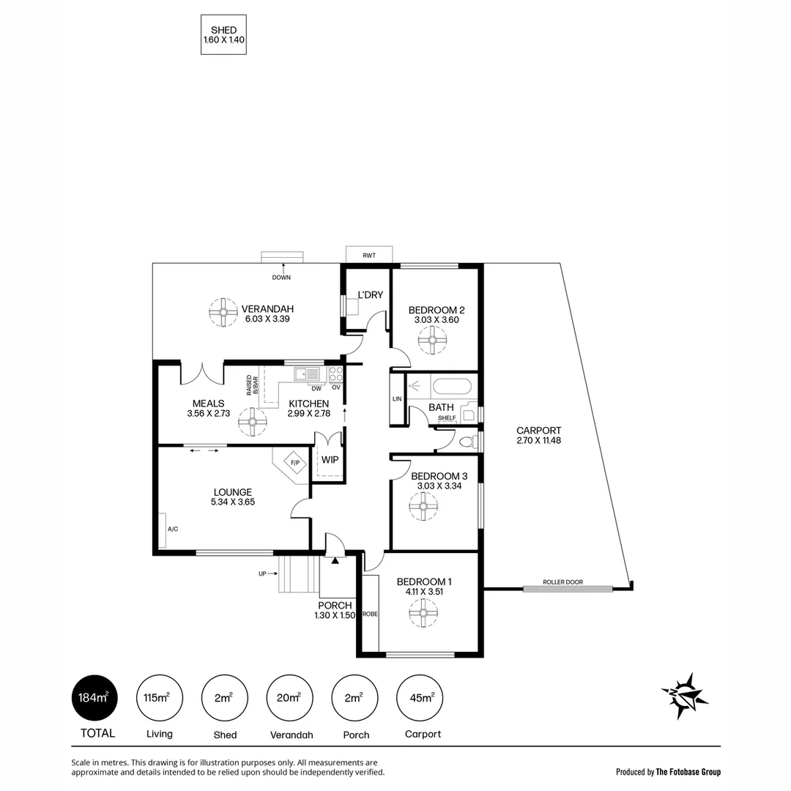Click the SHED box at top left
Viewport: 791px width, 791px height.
[x=223, y=34]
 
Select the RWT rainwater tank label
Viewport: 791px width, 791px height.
[x=368, y=255]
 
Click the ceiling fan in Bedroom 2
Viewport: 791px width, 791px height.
[x=431, y=340]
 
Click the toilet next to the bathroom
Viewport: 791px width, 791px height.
[x=465, y=442]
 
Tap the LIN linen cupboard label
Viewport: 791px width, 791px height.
[x=397, y=399]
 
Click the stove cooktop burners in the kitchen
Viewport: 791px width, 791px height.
[x=335, y=374]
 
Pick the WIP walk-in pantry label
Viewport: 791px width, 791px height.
[x=329, y=460]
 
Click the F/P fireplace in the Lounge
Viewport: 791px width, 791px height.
[x=294, y=464]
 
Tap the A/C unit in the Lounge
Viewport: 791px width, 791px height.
[x=163, y=529]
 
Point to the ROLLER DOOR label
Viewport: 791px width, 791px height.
[x=563, y=582]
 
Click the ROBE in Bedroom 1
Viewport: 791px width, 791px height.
[x=371, y=614]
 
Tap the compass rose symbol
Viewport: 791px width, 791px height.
[x=684, y=694]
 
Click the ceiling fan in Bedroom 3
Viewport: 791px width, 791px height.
[x=423, y=506]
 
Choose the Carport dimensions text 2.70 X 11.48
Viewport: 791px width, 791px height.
[x=538, y=440]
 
